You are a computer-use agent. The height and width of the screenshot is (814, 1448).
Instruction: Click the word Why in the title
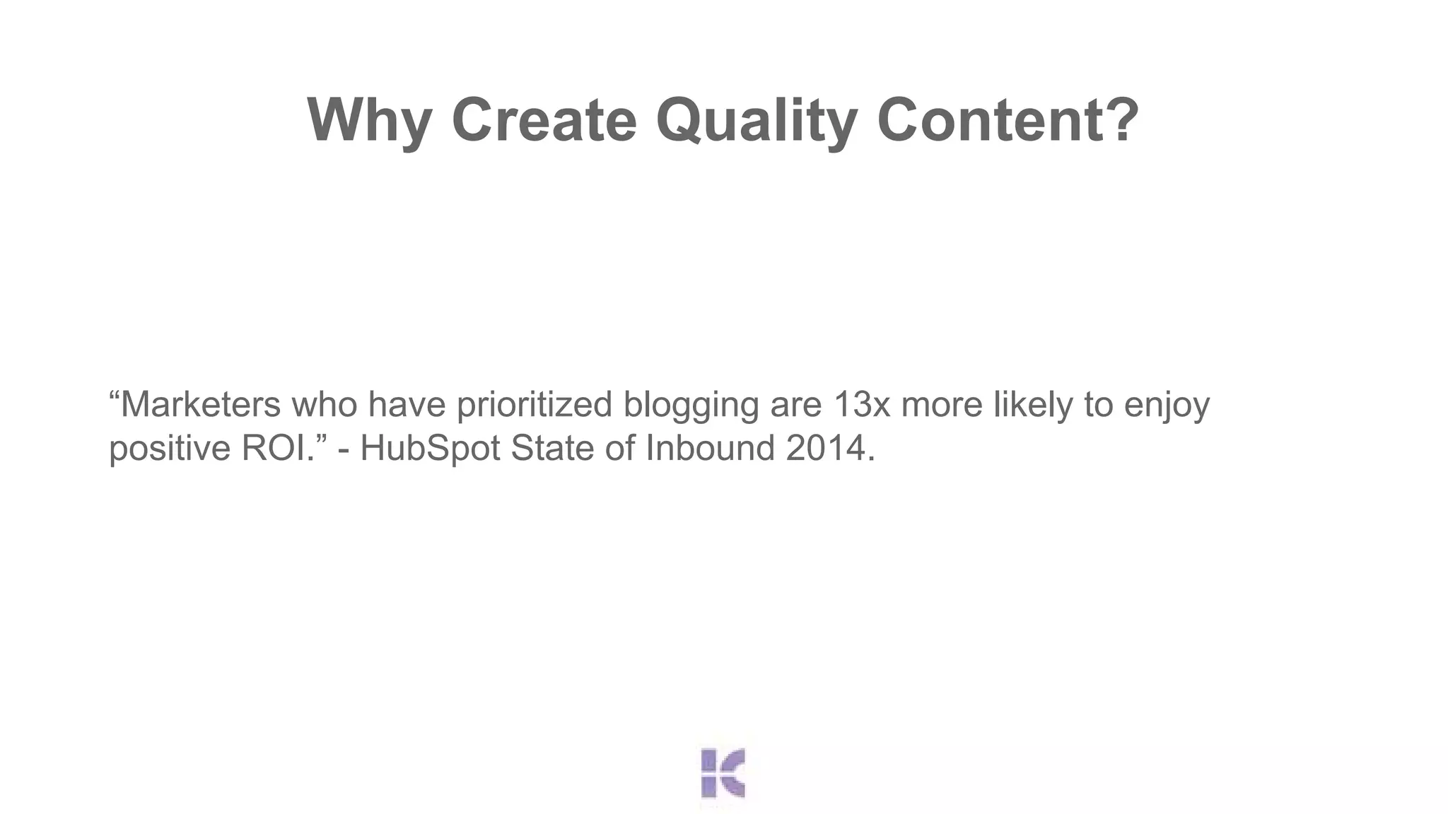point(369,120)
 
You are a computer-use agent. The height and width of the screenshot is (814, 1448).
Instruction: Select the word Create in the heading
point(544,120)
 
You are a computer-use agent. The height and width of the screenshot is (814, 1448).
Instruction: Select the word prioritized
point(534,405)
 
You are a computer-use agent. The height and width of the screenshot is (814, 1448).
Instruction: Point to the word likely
point(1033,405)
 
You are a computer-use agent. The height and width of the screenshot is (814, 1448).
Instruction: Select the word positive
point(170,449)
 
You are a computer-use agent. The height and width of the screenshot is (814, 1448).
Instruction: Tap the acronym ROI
point(276,448)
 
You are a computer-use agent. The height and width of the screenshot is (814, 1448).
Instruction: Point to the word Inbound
point(711,448)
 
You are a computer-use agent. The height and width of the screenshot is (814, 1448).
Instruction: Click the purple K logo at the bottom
point(723,773)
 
